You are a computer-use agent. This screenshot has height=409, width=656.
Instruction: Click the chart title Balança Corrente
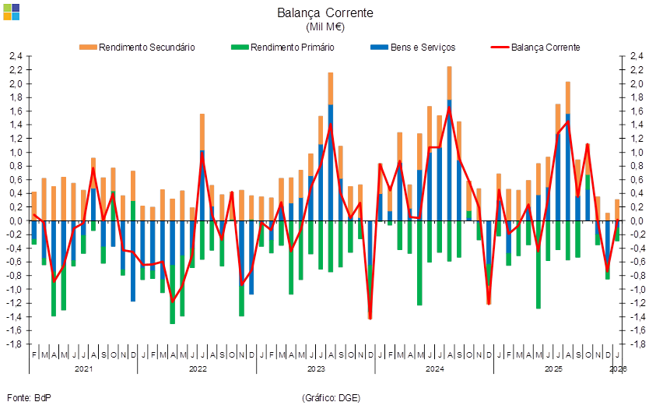click(325, 13)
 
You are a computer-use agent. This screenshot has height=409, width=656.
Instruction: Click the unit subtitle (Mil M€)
click(325, 27)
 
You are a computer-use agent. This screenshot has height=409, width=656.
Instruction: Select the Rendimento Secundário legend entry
click(137, 48)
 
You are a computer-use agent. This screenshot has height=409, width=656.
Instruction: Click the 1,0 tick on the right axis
click(636, 153)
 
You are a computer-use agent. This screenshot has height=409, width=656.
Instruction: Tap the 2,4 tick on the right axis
click(636, 57)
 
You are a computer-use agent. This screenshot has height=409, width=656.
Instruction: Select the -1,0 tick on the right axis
click(636, 289)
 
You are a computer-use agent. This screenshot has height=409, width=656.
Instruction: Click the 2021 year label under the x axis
click(81, 368)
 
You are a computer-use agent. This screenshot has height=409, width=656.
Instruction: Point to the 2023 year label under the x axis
click(316, 368)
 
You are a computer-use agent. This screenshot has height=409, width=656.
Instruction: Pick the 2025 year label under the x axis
click(553, 368)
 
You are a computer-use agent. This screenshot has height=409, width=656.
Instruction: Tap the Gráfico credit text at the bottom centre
click(330, 397)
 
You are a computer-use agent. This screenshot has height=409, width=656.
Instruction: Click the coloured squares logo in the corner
click(12, 11)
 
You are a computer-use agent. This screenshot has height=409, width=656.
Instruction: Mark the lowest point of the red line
click(370, 318)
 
